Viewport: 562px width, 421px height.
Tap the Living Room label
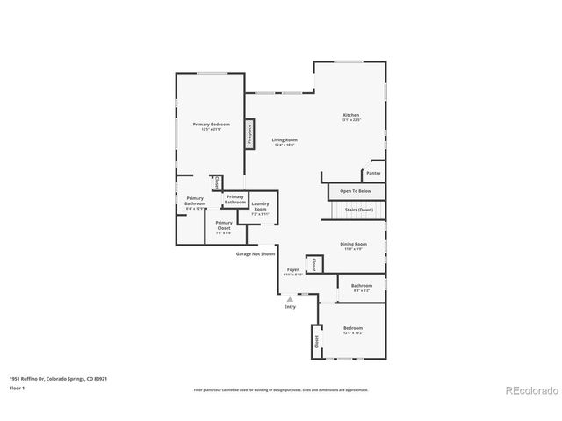tap(284, 141)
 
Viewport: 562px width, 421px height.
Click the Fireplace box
tap(249, 133)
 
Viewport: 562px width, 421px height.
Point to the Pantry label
tap(373, 173)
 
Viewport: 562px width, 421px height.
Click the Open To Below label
tap(356, 190)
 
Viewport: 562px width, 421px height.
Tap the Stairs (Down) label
tap(358, 210)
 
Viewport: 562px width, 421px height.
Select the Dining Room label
tap(353, 246)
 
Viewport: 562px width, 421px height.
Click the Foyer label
tap(292, 271)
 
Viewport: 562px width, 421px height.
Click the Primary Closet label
tap(224, 225)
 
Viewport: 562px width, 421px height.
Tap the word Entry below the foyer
tap(290, 306)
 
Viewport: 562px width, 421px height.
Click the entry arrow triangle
tap(290, 298)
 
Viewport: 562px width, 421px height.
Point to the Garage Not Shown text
tap(255, 253)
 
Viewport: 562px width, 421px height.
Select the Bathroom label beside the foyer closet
tap(362, 286)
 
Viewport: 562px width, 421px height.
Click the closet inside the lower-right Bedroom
tap(314, 343)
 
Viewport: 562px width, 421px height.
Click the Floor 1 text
tap(18, 387)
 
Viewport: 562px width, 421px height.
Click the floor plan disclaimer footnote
tap(280, 389)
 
